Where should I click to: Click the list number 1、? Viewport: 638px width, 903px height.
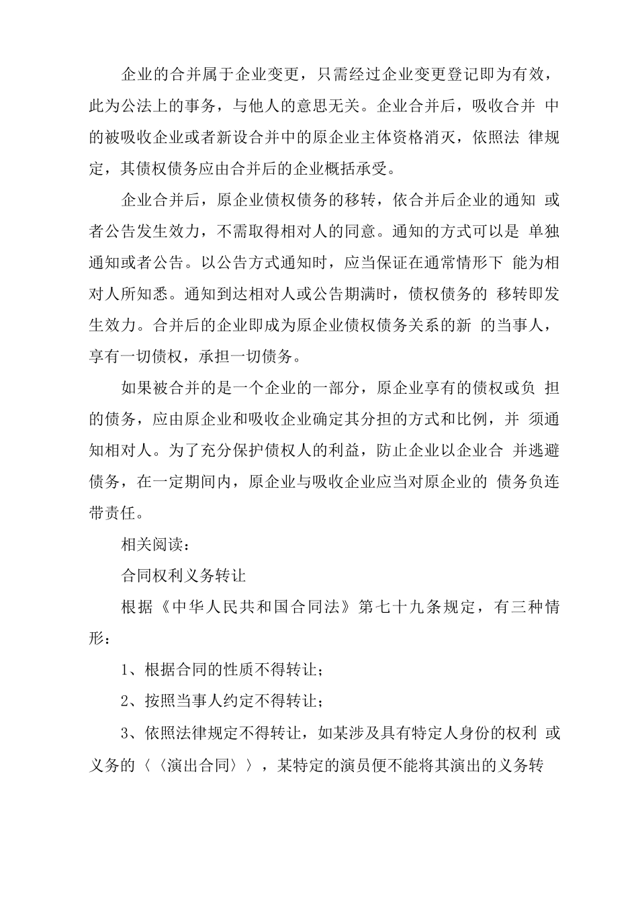point(132,671)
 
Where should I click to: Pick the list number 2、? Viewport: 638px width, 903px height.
point(132,701)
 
